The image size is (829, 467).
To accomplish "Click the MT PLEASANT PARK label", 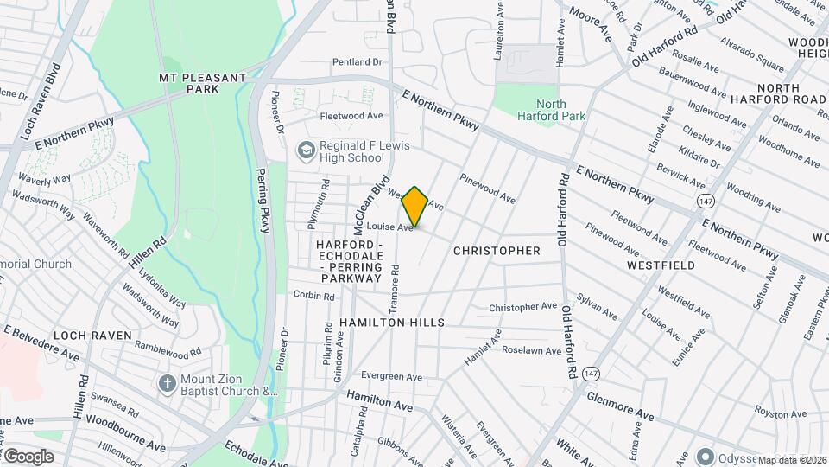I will pos(203,83).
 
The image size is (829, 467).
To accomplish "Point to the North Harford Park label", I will pos(550,110).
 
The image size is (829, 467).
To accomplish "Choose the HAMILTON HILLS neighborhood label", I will pos(392,323).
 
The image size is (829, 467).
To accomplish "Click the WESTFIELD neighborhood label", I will pos(661,265).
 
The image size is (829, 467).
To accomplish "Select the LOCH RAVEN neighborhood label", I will pos(92,335).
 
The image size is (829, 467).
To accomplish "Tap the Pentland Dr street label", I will pos(358,62).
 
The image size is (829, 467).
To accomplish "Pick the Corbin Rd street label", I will pos(313,296).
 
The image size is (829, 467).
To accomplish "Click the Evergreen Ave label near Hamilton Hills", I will pos(391,377).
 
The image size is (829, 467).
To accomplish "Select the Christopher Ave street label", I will pos(523,307).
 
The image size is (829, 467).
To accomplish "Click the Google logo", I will pos(28,456).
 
